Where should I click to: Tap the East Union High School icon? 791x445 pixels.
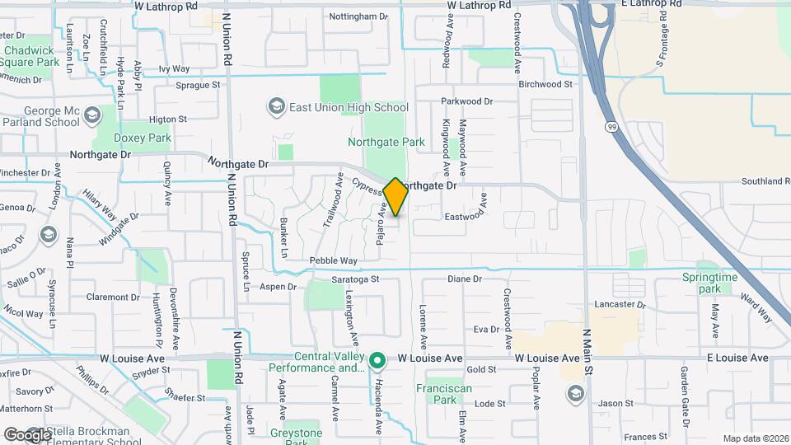(x=276, y=107)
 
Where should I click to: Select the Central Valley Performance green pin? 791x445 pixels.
(x=377, y=360)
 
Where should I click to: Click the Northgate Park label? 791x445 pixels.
(x=386, y=142)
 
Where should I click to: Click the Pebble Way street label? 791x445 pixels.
(x=333, y=260)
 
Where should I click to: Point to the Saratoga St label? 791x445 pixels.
(x=354, y=279)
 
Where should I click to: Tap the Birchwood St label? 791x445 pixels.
(x=545, y=84)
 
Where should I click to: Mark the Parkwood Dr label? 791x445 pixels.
(x=466, y=101)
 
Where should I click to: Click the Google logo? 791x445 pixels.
(x=26, y=434)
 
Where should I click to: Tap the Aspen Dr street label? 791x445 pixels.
(x=278, y=287)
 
